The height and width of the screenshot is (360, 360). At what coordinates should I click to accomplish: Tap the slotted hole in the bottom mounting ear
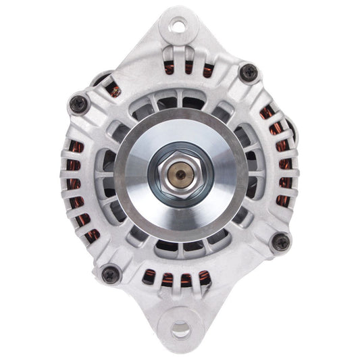(x=180, y=330)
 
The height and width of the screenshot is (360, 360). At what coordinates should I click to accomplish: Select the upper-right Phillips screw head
(x=249, y=71)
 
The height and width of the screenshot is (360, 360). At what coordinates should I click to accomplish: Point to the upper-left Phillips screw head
(x=78, y=103)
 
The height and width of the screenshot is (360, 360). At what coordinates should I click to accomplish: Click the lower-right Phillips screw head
(x=280, y=241)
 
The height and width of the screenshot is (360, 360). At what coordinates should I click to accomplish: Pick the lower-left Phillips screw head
(x=110, y=273)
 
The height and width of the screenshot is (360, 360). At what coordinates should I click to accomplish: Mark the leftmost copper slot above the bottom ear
(x=147, y=274)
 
